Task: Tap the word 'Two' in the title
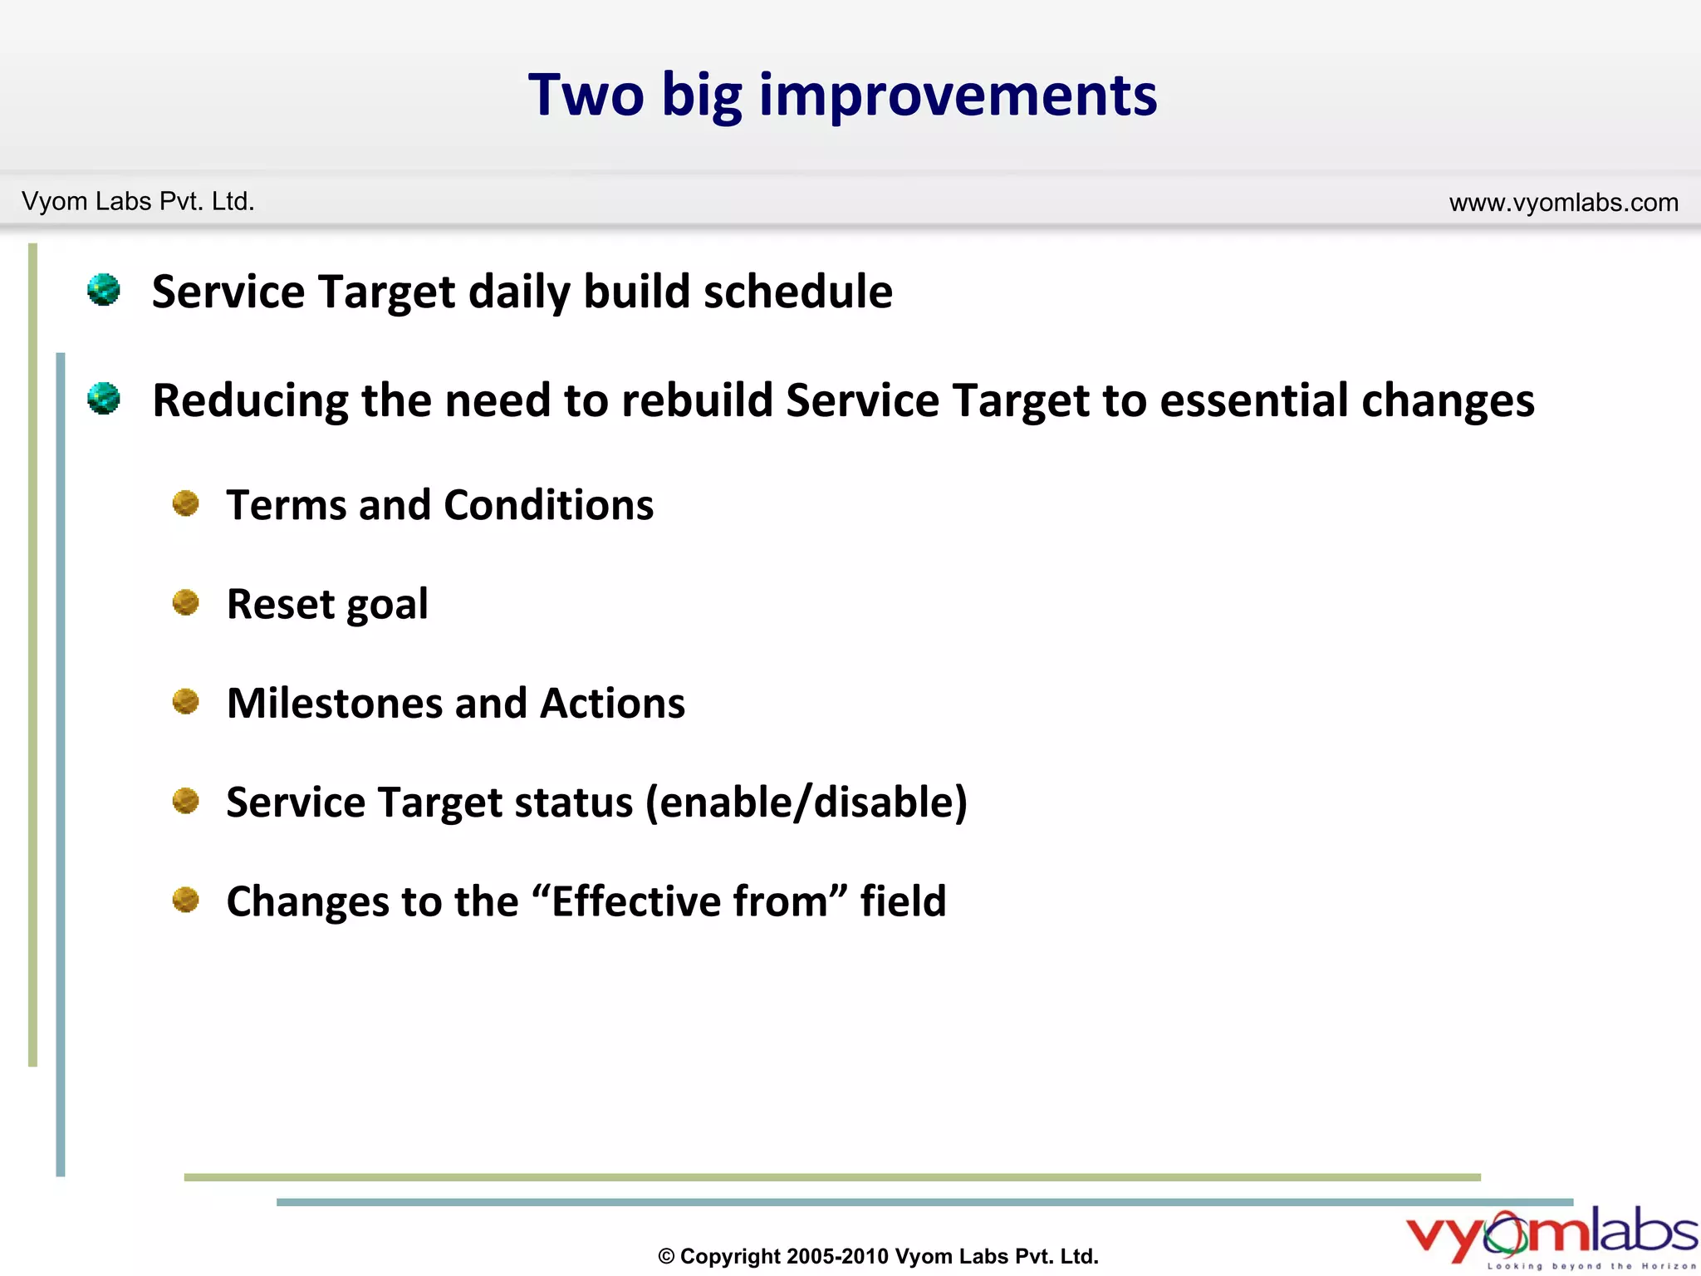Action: (x=586, y=95)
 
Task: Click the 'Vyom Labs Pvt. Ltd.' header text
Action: (x=138, y=202)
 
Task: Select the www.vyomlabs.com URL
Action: (x=1563, y=203)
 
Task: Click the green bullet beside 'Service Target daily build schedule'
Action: (x=104, y=290)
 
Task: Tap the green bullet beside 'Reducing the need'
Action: (x=104, y=399)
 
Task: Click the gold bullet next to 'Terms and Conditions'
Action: (x=185, y=503)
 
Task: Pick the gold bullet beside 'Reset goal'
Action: (x=185, y=602)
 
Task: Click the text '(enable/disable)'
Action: (x=806, y=802)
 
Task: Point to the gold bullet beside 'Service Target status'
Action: (x=185, y=801)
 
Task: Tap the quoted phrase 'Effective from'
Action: (x=690, y=901)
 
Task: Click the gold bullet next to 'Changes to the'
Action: (x=185, y=900)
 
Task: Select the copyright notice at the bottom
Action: (x=878, y=1256)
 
